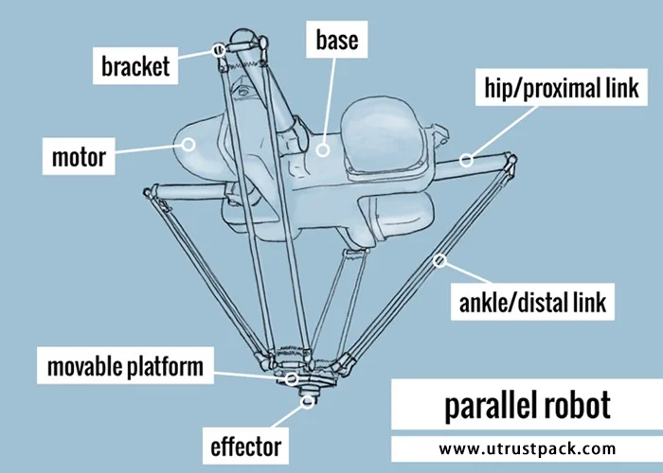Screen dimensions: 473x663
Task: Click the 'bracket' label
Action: pyautogui.click(x=134, y=65)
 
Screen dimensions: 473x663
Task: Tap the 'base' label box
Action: pyautogui.click(x=336, y=41)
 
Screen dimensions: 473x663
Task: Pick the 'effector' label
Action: pyautogui.click(x=245, y=444)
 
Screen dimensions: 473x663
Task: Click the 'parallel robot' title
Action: pyautogui.click(x=528, y=407)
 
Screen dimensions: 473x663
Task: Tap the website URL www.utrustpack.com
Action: pyautogui.click(x=528, y=448)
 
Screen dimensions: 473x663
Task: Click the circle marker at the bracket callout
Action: pyautogui.click(x=219, y=50)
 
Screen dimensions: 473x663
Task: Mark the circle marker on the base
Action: pyautogui.click(x=322, y=149)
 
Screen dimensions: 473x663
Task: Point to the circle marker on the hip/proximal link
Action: pyautogui.click(x=466, y=160)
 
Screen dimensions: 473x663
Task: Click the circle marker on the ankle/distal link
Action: pyautogui.click(x=439, y=259)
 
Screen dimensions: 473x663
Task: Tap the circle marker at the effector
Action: pyautogui.click(x=307, y=402)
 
